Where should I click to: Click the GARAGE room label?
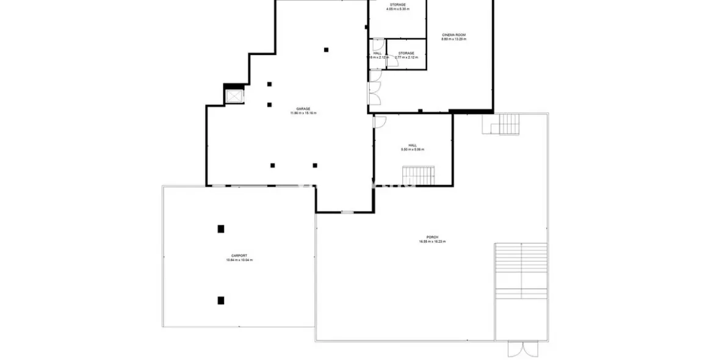tap(303, 109)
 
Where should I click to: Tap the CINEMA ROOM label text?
tap(453, 35)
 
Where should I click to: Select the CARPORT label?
tap(239, 256)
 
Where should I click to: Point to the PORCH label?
tap(432, 237)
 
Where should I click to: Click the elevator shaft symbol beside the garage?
tap(234, 96)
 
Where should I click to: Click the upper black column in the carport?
tap(221, 229)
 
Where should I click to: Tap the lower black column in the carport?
tap(221, 300)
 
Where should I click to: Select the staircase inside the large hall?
tap(417, 175)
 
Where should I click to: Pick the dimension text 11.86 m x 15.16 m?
tap(303, 113)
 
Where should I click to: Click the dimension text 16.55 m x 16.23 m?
tap(432, 242)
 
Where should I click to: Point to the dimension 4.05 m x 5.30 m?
tap(397, 10)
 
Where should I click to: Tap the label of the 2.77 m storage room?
tap(406, 53)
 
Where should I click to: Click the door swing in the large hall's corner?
tap(379, 121)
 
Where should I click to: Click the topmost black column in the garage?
tap(327, 49)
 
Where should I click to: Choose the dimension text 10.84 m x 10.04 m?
tap(239, 261)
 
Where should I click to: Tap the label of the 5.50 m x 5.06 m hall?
tap(413, 145)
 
